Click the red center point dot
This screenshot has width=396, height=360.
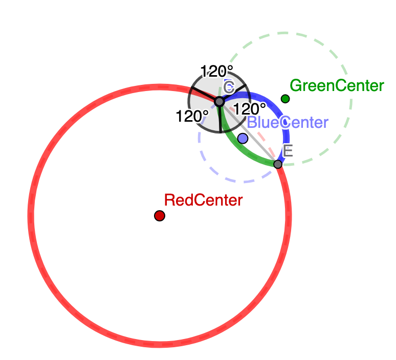tap(160, 216)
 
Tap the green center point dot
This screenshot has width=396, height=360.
tap(285, 99)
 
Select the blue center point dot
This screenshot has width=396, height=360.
tap(243, 138)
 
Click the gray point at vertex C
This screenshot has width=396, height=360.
tap(219, 102)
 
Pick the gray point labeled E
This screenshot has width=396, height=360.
tap(278, 164)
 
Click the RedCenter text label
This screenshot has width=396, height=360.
tap(203, 200)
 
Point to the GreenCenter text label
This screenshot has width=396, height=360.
tap(337, 85)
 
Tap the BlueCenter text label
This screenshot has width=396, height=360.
tap(287, 123)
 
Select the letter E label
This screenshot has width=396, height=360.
tap(288, 150)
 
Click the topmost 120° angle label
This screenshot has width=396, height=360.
tap(217, 71)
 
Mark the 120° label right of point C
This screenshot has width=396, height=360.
tap(250, 108)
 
